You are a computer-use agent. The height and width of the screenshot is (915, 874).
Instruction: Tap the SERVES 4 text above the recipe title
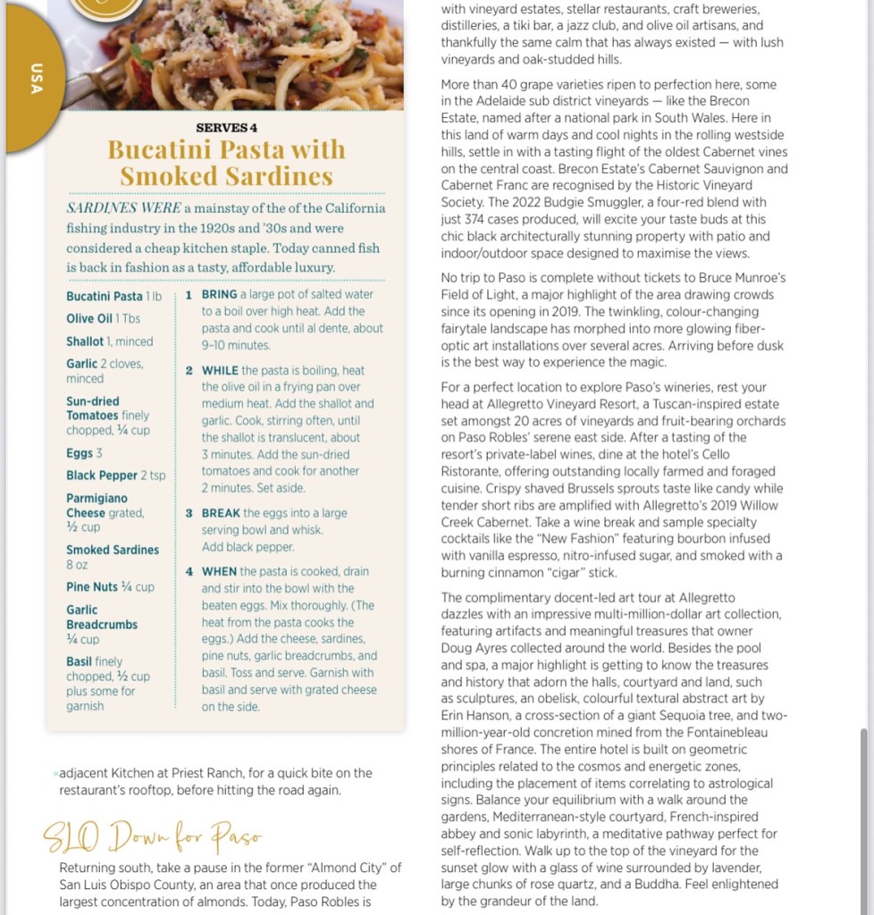click(x=226, y=128)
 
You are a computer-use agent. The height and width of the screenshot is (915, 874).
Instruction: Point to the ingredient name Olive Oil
click(x=89, y=319)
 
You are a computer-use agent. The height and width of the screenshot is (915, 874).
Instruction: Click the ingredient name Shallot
click(x=85, y=341)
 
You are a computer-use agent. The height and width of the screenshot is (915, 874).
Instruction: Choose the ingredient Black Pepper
click(x=102, y=475)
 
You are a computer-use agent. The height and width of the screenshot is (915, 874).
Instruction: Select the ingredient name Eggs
click(x=79, y=453)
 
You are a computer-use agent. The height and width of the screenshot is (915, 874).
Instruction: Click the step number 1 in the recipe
click(x=189, y=295)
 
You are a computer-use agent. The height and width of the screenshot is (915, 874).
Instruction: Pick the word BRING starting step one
click(x=219, y=294)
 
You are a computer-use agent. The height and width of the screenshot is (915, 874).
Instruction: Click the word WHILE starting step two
click(x=220, y=370)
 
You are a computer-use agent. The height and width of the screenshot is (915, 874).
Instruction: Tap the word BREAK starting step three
click(x=221, y=513)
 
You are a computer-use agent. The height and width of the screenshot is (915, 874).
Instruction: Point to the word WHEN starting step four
click(x=219, y=571)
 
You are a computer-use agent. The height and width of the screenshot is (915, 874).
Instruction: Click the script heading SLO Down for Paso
click(x=153, y=837)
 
